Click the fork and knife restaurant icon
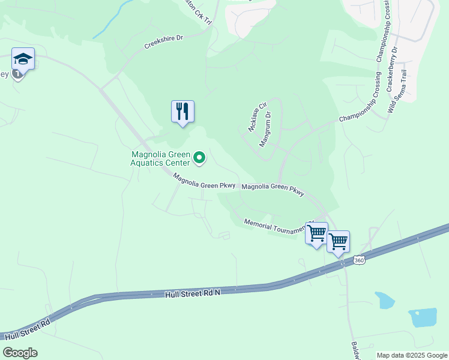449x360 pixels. tap(182, 112)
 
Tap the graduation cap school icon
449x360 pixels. tap(23, 59)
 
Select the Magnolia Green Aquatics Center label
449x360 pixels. tap(161, 158)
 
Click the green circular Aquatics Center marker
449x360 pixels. tap(200, 158)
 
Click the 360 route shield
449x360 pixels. tap(359, 260)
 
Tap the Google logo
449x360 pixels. tap(20, 352)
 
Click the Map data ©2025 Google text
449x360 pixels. tap(411, 355)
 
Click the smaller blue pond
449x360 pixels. tap(384, 299)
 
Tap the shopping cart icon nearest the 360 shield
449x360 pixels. tap(339, 242)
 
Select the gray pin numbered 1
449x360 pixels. tap(18, 74)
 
